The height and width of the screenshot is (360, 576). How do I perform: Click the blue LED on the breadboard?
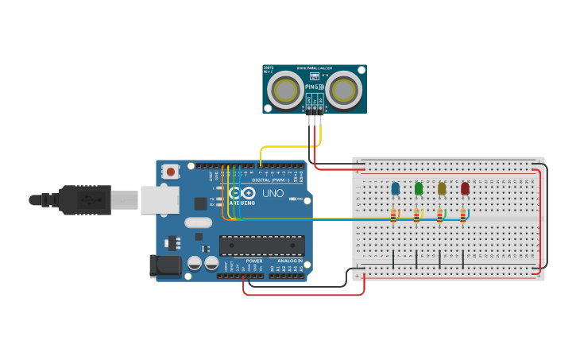(395, 188)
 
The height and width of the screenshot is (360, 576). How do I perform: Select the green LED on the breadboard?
(419, 188)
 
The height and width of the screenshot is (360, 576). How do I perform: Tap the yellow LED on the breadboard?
(442, 188)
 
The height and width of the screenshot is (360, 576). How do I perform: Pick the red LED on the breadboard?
(465, 188)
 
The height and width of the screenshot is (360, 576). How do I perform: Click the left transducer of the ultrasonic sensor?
(284, 90)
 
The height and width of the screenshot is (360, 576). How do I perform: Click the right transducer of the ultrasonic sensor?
(344, 90)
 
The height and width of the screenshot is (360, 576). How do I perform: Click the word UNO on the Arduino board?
(273, 193)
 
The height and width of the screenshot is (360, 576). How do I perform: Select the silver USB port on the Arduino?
(160, 200)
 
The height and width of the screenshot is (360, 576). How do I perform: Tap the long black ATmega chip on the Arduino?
(261, 246)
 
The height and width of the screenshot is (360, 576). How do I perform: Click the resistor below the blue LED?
(392, 215)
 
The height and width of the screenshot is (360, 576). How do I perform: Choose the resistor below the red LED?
(462, 215)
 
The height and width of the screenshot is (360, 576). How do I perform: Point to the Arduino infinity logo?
(242, 193)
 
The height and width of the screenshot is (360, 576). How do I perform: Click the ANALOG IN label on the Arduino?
(288, 261)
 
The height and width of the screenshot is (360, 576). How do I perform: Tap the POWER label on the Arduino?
(253, 261)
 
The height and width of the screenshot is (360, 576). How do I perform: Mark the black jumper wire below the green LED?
(416, 258)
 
